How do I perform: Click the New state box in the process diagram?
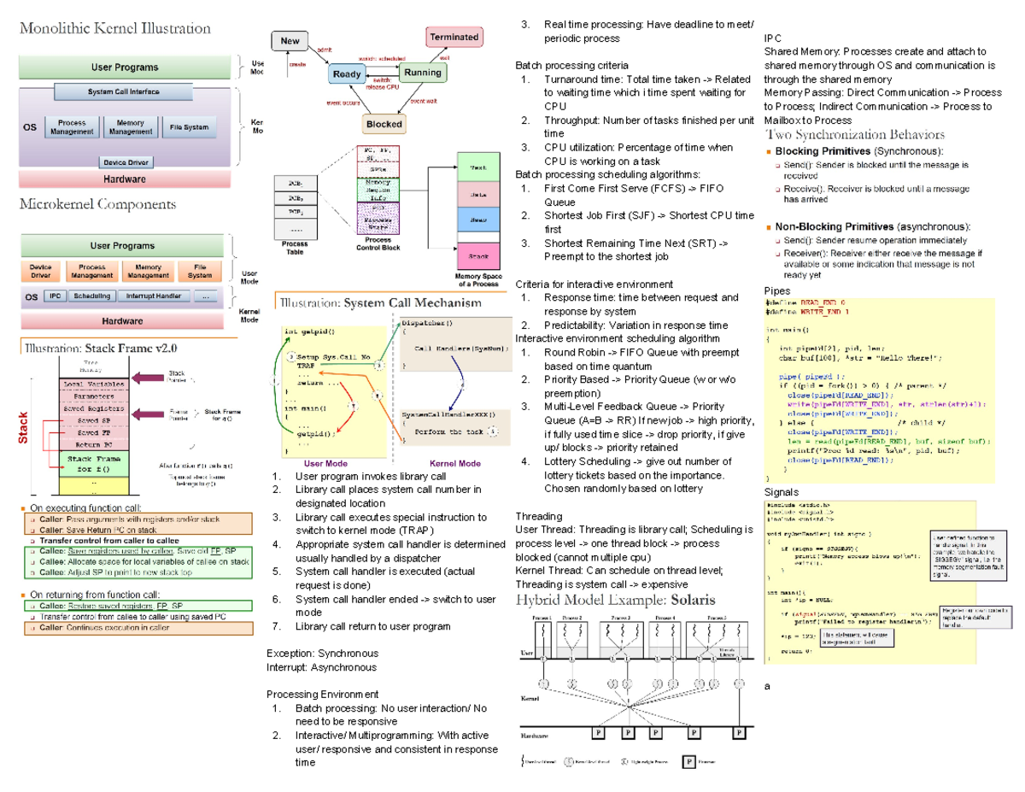click(x=290, y=41)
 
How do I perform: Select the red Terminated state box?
click(x=454, y=37)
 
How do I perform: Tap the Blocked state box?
click(x=384, y=124)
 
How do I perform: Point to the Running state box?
click(x=423, y=73)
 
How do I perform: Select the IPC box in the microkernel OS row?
click(x=56, y=296)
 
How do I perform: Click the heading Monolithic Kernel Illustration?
click(x=114, y=28)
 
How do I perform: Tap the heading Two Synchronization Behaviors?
click(x=855, y=135)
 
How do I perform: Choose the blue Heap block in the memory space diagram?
click(x=478, y=220)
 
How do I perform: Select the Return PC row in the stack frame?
click(x=91, y=444)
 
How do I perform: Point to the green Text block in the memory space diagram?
click(x=478, y=167)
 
